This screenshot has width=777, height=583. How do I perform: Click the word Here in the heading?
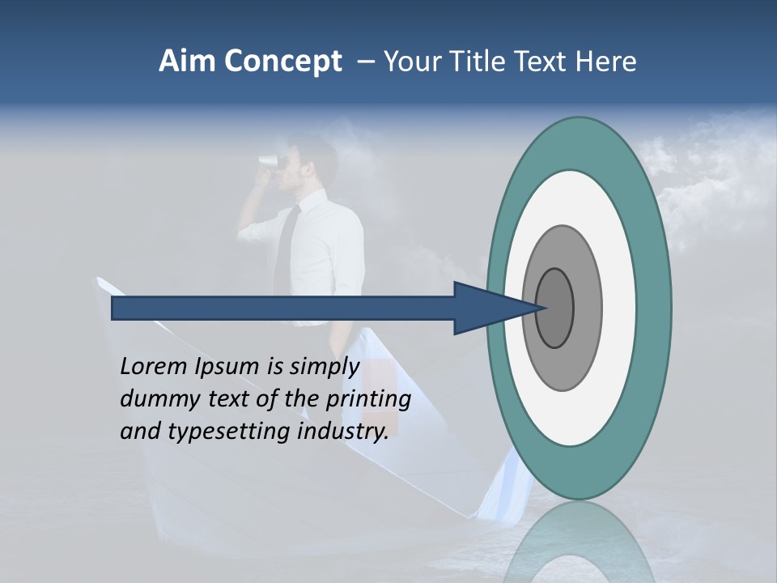coord(606,62)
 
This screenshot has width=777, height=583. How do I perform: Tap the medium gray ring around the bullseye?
coord(588,308)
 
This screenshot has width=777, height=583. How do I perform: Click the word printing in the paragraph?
coord(367,400)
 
